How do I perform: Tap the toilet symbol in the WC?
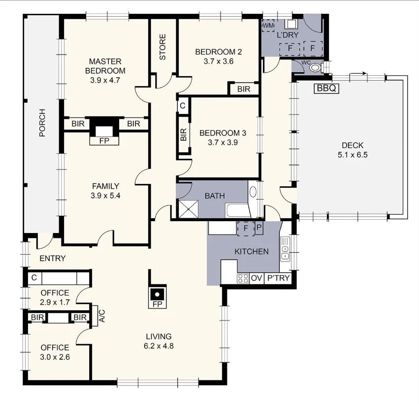click(x=316, y=68)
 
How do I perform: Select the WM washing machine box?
click(x=268, y=25)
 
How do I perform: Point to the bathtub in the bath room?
click(x=237, y=212)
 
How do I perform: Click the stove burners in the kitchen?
click(x=243, y=279)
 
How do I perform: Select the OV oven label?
click(x=257, y=279)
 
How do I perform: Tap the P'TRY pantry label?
click(x=279, y=279)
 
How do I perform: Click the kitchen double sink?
click(x=285, y=249)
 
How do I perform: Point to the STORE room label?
click(x=162, y=47)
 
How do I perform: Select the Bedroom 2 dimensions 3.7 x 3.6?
click(x=218, y=61)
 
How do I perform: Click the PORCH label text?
click(x=42, y=122)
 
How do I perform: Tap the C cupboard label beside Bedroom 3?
click(x=182, y=106)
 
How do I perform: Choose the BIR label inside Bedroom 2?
click(x=244, y=89)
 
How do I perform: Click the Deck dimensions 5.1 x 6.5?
click(x=353, y=154)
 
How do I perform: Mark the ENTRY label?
click(x=53, y=259)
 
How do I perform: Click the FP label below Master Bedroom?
click(x=104, y=141)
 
